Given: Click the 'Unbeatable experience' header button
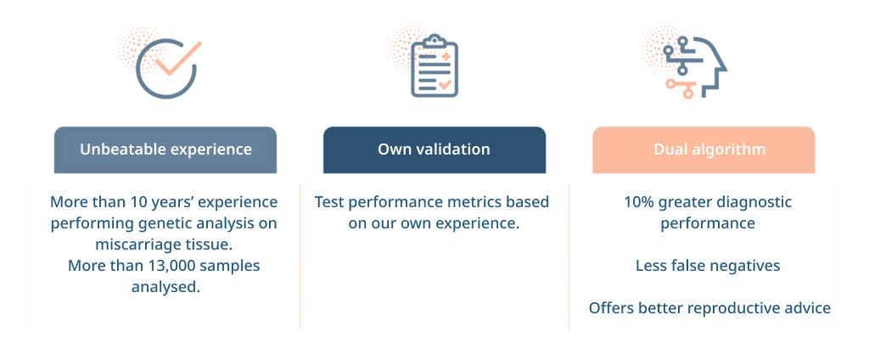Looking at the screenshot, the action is [x=165, y=149].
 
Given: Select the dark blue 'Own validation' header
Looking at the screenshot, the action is [x=434, y=149].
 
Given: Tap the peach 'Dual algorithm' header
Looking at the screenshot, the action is [x=704, y=149].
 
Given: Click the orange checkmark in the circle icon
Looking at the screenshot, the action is [x=178, y=59].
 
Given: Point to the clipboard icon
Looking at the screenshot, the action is [x=434, y=65].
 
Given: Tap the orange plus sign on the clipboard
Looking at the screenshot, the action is [x=446, y=56].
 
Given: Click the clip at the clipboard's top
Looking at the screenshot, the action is [x=434, y=41].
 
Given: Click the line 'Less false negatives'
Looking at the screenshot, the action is [x=708, y=266].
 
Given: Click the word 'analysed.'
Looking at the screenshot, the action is [x=165, y=287].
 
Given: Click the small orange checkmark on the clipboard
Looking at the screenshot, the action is [x=445, y=85].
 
